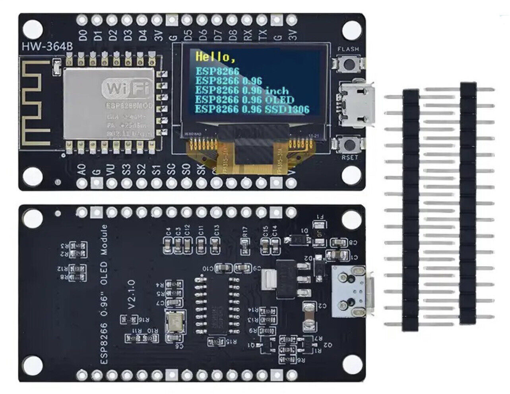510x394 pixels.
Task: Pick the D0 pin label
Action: tap(83, 35)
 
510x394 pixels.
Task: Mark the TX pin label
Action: tap(262, 35)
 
